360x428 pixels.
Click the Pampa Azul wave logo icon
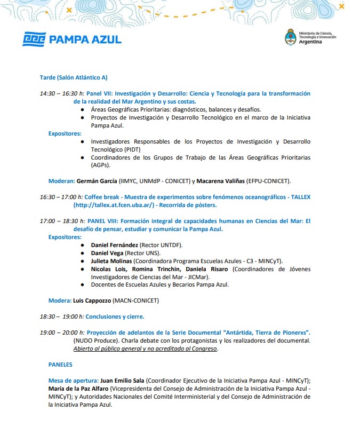click(x=34, y=39)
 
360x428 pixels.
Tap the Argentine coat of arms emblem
click(x=292, y=37)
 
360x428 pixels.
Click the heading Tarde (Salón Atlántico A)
click(x=74, y=77)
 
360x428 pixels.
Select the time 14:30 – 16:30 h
click(x=62, y=93)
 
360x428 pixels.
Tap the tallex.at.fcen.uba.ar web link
click(x=114, y=205)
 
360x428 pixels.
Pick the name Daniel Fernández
click(x=115, y=245)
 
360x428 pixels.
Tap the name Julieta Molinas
click(x=111, y=261)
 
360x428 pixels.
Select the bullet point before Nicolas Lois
click(x=82, y=269)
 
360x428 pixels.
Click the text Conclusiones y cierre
click(x=115, y=316)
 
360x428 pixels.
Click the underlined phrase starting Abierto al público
click(x=146, y=348)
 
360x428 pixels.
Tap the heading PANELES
click(x=60, y=364)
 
